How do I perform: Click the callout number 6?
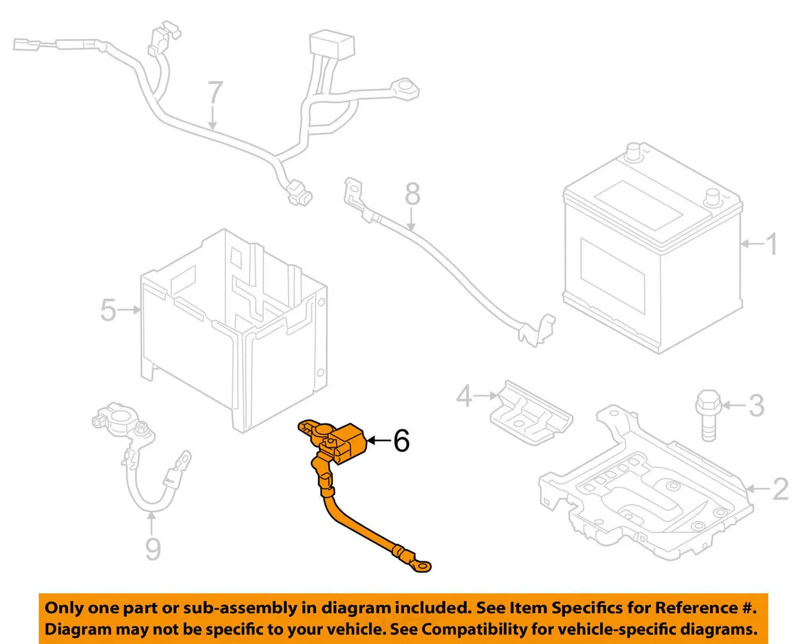pos(400,441)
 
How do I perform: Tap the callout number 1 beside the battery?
pos(771,245)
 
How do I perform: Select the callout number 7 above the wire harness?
pos(214,95)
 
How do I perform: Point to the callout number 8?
pos(412,196)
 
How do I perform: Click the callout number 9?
pos(153,549)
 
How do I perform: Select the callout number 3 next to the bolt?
pos(757,405)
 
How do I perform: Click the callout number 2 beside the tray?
pos(779,490)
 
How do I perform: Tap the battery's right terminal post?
pos(712,198)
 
